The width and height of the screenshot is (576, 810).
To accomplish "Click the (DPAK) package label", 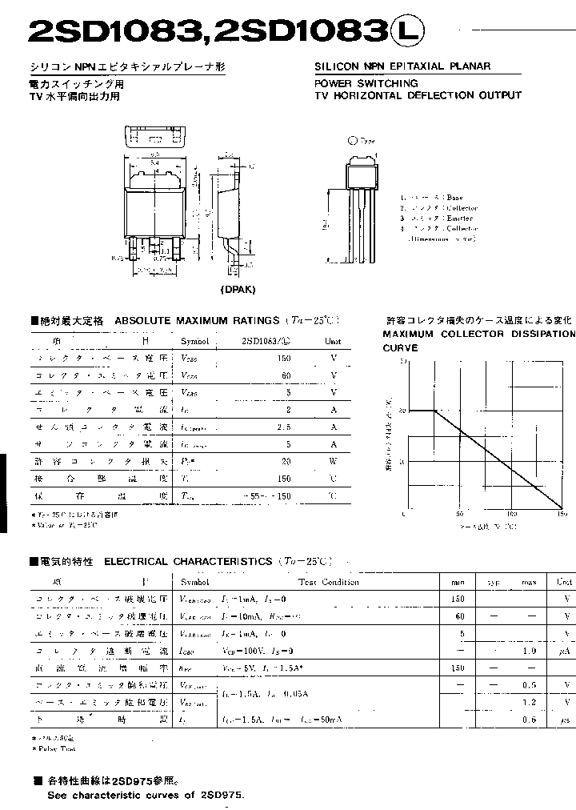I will (238, 290).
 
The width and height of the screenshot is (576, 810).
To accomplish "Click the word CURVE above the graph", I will (400, 348).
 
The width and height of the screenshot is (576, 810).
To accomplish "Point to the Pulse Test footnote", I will (54, 748).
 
